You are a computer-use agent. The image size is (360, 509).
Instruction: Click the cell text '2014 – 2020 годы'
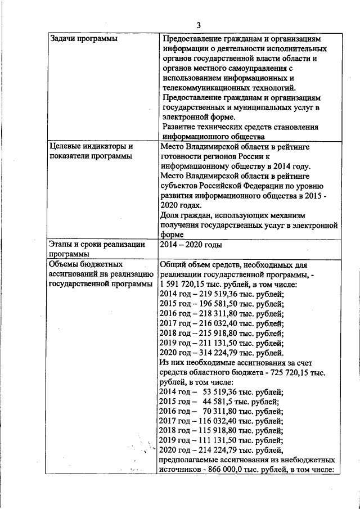(x=191, y=245)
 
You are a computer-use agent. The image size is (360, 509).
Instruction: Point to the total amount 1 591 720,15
(x=186, y=284)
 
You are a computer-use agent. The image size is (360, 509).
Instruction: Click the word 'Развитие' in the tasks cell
(x=179, y=127)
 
